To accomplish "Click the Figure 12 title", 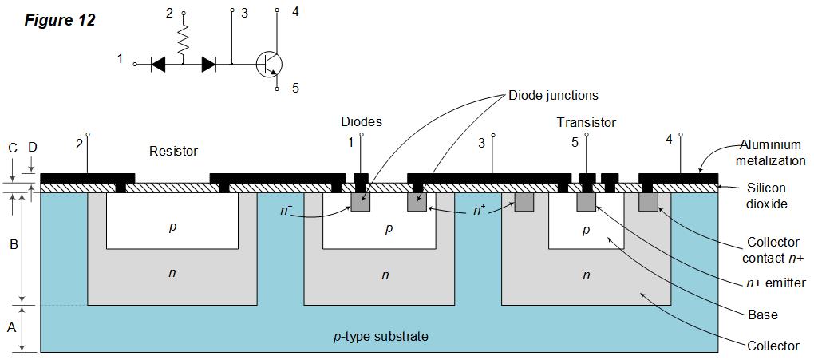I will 60,20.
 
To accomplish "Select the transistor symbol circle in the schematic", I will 269,63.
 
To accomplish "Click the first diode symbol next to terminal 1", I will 158,64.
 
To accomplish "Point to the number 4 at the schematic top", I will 295,12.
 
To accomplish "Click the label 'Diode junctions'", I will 553,96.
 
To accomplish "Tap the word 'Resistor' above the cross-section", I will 173,151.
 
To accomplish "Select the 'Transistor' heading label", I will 587,122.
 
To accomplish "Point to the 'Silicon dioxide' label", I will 767,196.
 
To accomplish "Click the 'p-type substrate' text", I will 380,336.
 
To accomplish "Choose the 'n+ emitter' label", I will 774,283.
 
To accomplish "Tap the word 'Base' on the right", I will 763,315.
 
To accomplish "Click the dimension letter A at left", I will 11,327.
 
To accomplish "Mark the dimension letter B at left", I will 14,245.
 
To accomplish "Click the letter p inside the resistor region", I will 172,227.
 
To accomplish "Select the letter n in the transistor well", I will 587,275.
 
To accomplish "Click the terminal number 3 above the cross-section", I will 481,144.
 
